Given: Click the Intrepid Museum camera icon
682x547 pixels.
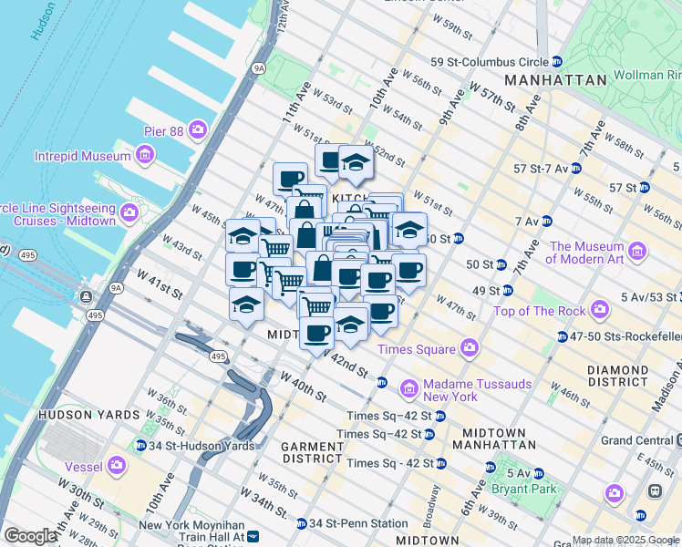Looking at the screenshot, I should click(144, 156).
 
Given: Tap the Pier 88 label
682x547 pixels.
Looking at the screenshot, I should click(163, 131).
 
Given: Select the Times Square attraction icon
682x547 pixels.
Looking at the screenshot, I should click(470, 349).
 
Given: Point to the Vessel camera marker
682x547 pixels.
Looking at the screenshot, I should click(116, 466).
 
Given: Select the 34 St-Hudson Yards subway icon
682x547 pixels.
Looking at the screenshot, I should click(140, 446).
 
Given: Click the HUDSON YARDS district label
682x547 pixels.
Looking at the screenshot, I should click(77, 414).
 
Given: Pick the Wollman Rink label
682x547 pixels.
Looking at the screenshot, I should click(648, 73).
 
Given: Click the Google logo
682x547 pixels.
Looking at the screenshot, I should click(30, 535).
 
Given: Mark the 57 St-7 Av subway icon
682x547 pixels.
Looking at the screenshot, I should click(574, 169).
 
